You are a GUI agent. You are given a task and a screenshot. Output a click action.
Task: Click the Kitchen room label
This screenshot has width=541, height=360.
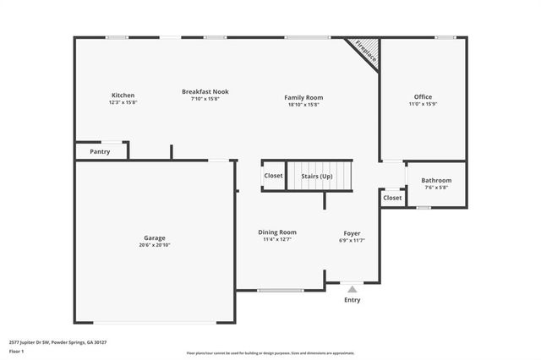122,95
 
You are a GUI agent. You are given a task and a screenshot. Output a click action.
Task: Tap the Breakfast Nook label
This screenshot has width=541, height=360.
205,91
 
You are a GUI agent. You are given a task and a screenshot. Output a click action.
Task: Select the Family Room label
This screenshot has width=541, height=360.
303,98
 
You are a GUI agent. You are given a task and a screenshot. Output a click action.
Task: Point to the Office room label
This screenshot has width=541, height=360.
423,97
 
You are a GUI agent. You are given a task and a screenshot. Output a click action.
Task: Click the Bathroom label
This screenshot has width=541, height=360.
436,180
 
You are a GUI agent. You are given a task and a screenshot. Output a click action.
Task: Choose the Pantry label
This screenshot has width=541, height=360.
100,152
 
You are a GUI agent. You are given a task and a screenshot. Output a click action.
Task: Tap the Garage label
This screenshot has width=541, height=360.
154,238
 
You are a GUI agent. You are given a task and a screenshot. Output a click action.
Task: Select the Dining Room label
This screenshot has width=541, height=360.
277,232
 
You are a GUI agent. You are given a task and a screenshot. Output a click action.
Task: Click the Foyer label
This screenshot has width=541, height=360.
352,233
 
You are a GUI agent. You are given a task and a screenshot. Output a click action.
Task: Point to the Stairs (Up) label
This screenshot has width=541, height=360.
317,176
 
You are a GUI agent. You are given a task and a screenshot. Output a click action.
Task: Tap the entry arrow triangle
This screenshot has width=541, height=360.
352,289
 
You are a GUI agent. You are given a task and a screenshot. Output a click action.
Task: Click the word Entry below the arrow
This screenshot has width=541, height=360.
352,300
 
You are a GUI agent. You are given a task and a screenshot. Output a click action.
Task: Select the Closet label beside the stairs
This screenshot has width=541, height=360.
273,176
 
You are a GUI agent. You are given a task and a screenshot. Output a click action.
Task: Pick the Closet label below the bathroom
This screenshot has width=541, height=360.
392,198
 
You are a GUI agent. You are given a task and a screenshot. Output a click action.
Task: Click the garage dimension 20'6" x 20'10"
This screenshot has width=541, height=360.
154,245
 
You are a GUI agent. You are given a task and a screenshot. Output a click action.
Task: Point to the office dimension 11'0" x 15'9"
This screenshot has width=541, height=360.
423,104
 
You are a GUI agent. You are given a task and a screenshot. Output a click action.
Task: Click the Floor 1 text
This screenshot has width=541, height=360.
17,351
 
